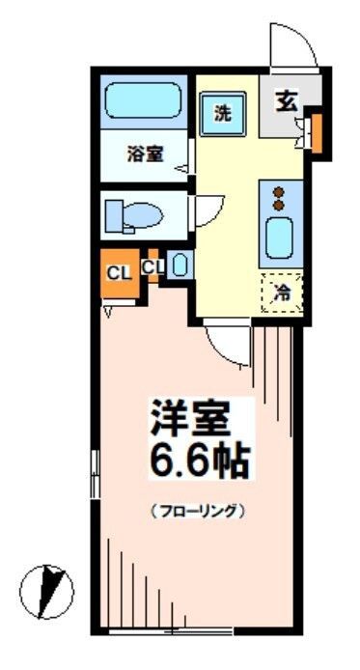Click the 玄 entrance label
coord(286,98)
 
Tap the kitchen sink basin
coord(280,237)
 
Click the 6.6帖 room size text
coord(201,459)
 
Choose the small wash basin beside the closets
coord(178,265)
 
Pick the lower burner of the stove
coord(280,205)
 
